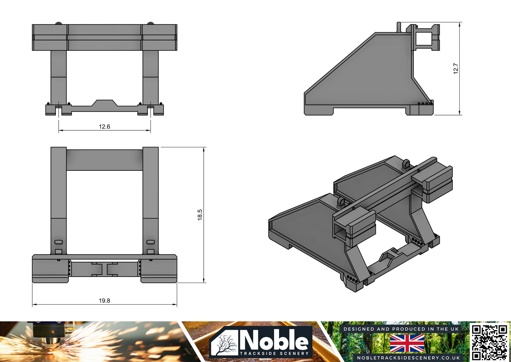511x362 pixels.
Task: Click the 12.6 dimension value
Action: tap(104, 126)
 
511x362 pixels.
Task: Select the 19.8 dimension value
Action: tap(104, 301)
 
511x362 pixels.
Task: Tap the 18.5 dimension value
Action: tap(200, 215)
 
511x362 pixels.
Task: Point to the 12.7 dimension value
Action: tap(456, 68)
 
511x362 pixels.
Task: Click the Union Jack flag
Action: tap(407, 343)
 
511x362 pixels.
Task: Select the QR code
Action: tap(490, 342)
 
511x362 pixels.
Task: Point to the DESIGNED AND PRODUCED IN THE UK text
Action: tap(401, 329)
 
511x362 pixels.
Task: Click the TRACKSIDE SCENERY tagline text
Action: tap(274, 353)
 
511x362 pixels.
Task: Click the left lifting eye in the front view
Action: tap(58, 23)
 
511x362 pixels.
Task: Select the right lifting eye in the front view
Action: tap(151, 23)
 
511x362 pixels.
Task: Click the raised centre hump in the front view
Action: tap(104, 103)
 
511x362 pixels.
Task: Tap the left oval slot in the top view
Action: tap(59, 242)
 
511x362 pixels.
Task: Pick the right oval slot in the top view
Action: tap(151, 242)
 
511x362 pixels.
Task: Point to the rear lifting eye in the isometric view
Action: tap(406, 164)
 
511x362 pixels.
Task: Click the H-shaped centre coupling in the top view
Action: tap(104, 269)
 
